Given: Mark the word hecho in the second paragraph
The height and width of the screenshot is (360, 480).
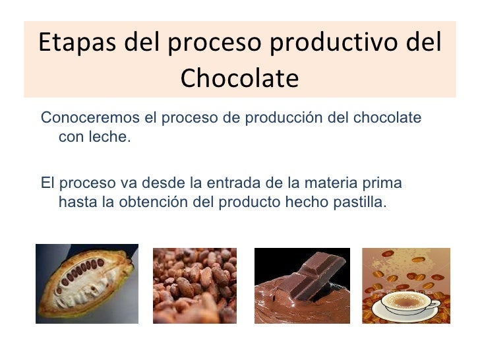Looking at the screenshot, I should click(x=306, y=201).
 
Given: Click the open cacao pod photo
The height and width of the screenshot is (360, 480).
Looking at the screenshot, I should click(x=86, y=284).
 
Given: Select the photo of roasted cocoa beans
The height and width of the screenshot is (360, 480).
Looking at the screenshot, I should click(x=195, y=285).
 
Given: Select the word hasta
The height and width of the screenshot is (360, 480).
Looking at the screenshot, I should click(x=76, y=201).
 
